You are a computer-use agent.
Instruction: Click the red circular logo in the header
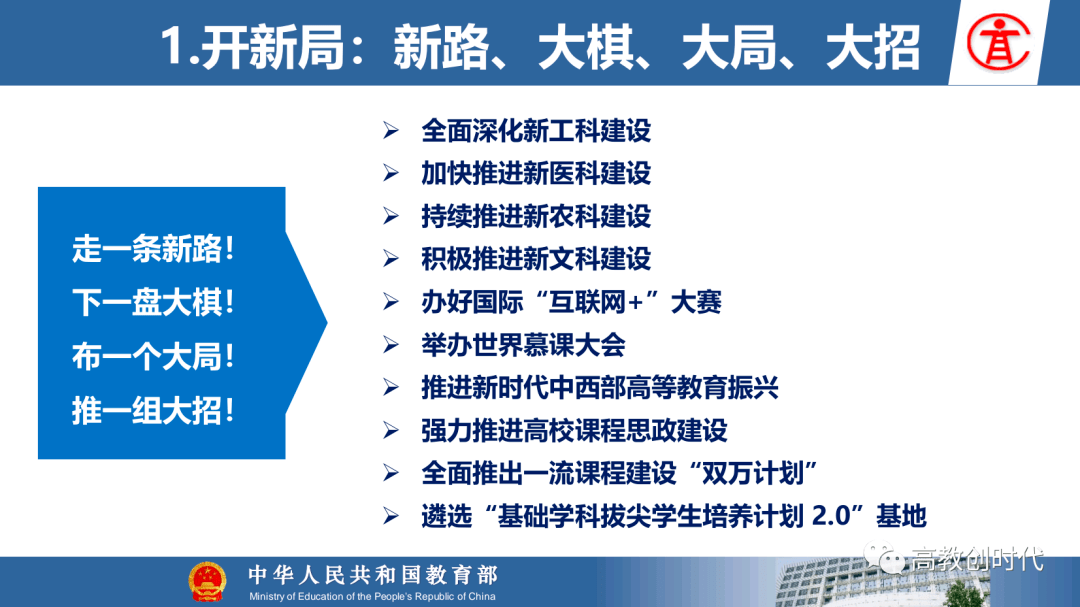[x=998, y=43]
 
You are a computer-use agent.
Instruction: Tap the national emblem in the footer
[x=207, y=582]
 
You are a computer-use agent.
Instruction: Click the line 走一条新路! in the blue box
[x=153, y=249]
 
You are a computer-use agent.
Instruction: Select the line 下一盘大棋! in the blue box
[x=153, y=302]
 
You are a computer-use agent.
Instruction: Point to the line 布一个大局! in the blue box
[x=153, y=357]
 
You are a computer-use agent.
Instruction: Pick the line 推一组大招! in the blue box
[x=153, y=411]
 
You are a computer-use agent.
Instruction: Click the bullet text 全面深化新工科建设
[x=536, y=130]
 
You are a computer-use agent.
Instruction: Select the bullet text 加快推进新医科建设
[x=536, y=173]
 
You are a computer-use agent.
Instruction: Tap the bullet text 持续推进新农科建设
[x=536, y=216]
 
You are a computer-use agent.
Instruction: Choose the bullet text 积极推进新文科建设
[x=536, y=259]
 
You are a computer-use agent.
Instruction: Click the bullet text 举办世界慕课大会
[x=523, y=344]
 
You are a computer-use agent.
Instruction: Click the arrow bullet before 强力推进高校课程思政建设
[x=391, y=431]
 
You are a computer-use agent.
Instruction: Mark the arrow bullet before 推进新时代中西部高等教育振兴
[x=391, y=388]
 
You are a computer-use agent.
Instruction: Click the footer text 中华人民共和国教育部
[x=373, y=575]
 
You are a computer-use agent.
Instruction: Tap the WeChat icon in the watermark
[x=884, y=557]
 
